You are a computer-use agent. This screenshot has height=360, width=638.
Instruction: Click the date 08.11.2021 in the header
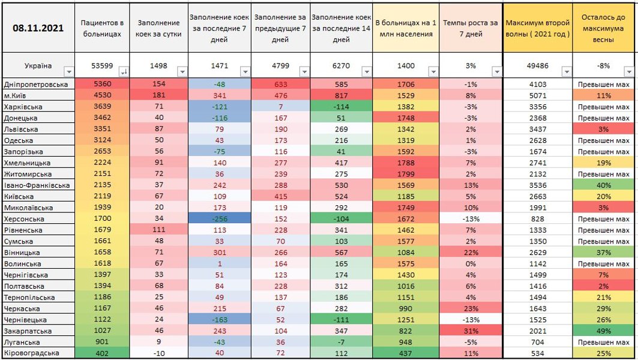tap(38, 28)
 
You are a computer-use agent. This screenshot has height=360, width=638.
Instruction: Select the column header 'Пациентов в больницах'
tap(103, 28)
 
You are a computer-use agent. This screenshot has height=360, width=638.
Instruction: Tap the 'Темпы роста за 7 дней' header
tap(471, 28)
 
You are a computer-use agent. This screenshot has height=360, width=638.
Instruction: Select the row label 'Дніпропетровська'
tap(36, 85)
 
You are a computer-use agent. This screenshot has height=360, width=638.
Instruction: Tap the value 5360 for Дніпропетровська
tap(103, 85)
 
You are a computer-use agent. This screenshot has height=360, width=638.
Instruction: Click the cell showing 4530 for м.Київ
tap(103, 95)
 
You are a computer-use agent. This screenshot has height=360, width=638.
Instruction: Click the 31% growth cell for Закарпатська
tap(471, 331)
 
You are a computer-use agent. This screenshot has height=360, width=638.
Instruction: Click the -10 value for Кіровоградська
tap(159, 353)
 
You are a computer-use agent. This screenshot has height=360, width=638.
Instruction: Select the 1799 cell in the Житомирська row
tap(406, 174)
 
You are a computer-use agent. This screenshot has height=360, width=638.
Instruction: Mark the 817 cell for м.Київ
tap(340, 95)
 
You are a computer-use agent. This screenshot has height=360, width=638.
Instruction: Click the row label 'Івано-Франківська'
tap(37, 185)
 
